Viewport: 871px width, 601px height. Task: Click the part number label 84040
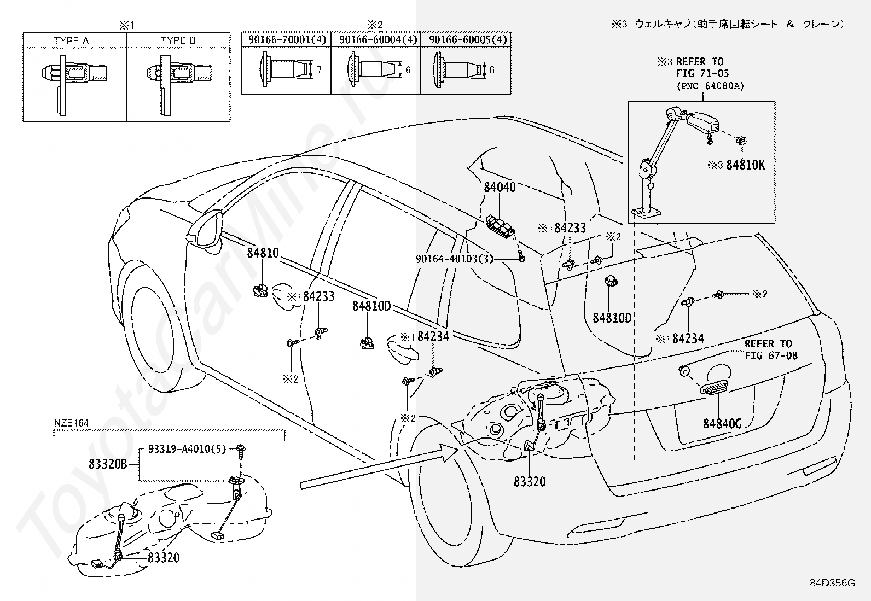[500, 187]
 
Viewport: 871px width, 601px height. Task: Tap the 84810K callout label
[745, 165]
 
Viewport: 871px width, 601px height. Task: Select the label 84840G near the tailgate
[723, 423]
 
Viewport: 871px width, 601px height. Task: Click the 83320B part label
[108, 464]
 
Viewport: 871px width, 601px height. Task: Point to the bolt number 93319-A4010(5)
[187, 449]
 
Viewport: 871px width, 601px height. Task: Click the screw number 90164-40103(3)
[455, 259]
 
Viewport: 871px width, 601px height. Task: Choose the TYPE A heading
[71, 40]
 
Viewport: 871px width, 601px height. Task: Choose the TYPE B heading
[178, 40]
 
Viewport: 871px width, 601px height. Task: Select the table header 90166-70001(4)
[287, 39]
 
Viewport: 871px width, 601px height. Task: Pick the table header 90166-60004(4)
[378, 39]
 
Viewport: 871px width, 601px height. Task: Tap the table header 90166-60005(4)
[468, 39]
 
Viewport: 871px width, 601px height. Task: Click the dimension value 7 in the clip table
[319, 70]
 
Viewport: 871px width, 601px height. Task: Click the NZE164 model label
[71, 423]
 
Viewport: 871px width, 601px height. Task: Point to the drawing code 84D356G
[832, 583]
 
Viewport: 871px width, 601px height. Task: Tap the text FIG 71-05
[702, 73]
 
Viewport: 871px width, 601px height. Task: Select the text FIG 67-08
[771, 355]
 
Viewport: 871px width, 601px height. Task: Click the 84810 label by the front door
[263, 253]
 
